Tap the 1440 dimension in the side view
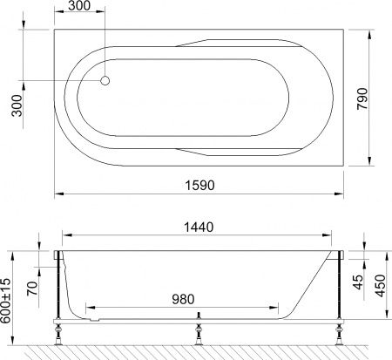198,227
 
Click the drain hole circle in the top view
105,80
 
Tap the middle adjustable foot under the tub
199,329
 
